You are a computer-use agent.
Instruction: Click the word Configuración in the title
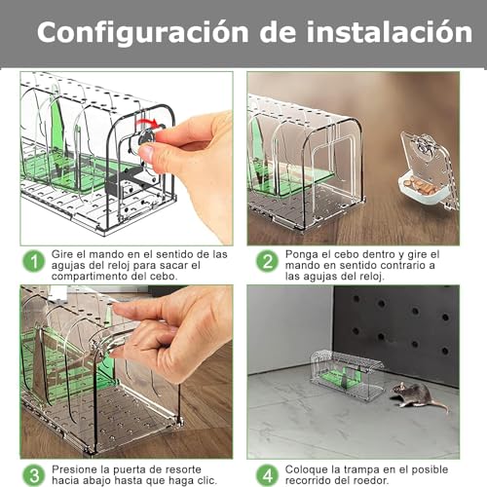[x=136, y=32]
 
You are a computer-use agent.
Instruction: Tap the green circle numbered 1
[x=35, y=261]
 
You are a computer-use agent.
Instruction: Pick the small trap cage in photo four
[x=346, y=368]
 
